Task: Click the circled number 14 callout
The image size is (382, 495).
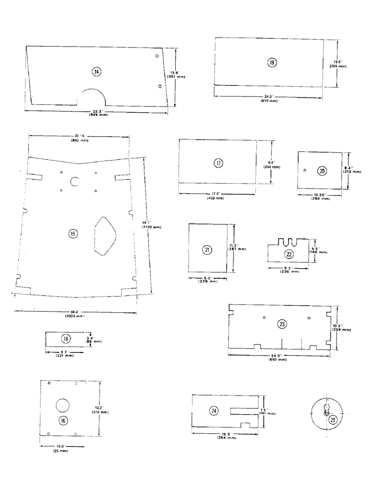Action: [96, 72]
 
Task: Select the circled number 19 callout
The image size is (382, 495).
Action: [272, 62]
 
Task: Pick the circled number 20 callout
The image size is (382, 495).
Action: [322, 171]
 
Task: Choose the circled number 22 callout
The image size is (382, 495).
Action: [289, 254]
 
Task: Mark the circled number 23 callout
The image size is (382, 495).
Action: [282, 324]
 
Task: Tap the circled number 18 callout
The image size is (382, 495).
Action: [66, 339]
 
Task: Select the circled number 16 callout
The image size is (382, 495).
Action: [63, 420]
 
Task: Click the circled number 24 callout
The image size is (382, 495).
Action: [213, 410]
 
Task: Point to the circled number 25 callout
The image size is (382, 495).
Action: [334, 420]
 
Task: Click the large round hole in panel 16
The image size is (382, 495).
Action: [63, 405]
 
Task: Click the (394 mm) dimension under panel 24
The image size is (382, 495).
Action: [226, 439]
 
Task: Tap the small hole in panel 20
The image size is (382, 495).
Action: [305, 171]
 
